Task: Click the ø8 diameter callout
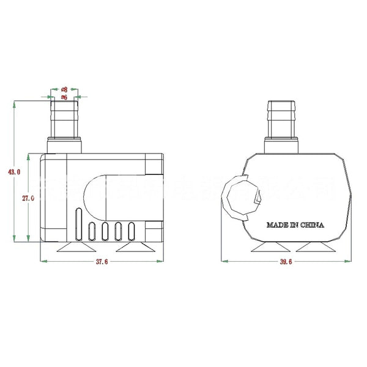click(64, 89)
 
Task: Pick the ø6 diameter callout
click(64, 97)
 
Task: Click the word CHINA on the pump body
click(313, 225)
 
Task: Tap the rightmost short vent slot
click(132, 231)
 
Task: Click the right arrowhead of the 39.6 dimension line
click(350, 261)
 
